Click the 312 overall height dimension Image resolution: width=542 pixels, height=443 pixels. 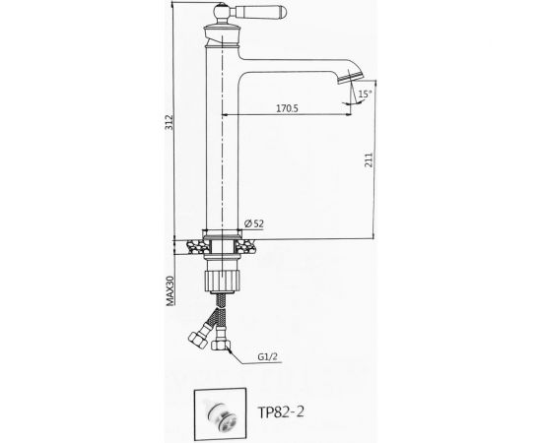coord(169,122)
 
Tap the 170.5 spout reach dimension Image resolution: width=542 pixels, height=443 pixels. coord(287,108)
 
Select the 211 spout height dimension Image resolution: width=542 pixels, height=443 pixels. coord(370,159)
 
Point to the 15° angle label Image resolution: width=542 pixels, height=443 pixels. coord(365,94)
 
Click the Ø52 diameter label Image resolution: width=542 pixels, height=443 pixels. coord(254,223)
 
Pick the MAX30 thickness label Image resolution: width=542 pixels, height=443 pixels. coord(170,290)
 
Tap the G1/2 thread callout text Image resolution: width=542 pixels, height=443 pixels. coord(267,356)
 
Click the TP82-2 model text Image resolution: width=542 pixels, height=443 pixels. coord(281,411)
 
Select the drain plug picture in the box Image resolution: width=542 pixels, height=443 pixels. coord(220,413)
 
